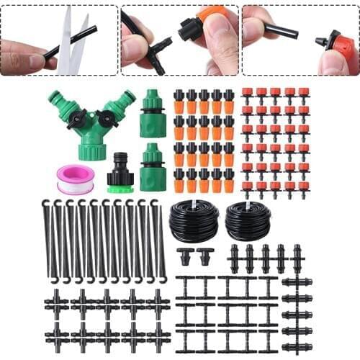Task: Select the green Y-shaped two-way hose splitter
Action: point(91,122)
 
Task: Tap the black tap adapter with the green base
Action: point(120,174)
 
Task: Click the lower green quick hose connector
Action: point(153,167)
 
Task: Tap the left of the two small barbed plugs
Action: point(186,256)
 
